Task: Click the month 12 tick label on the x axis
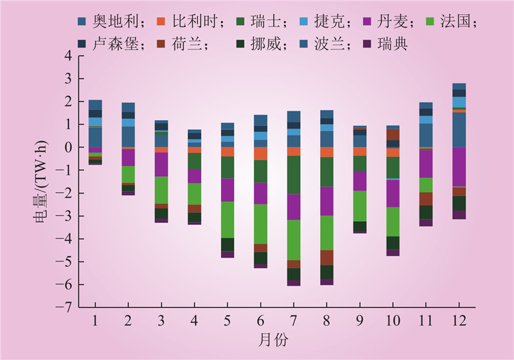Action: [x=459, y=320]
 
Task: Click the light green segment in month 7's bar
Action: [x=294, y=240]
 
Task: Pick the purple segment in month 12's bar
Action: [x=459, y=166]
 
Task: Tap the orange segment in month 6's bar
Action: [x=260, y=153]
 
